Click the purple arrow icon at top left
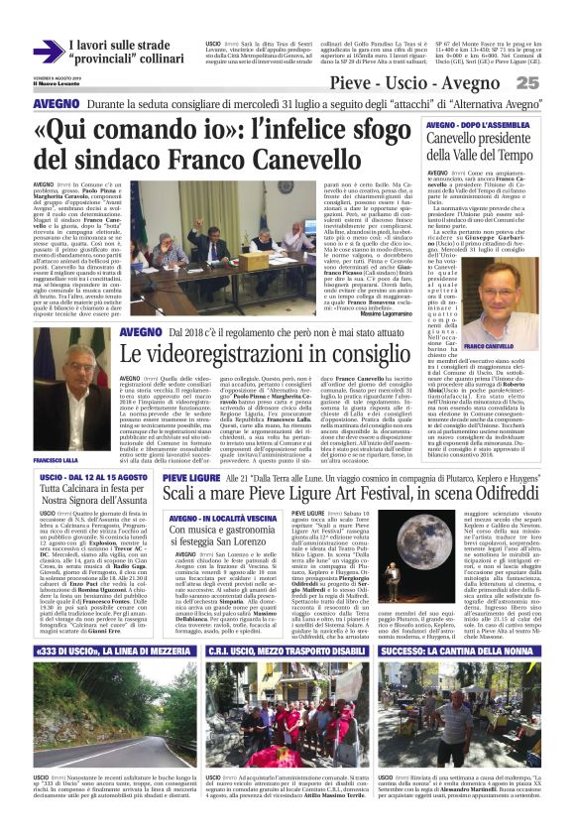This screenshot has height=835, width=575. pyautogui.click(x=48, y=51)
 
